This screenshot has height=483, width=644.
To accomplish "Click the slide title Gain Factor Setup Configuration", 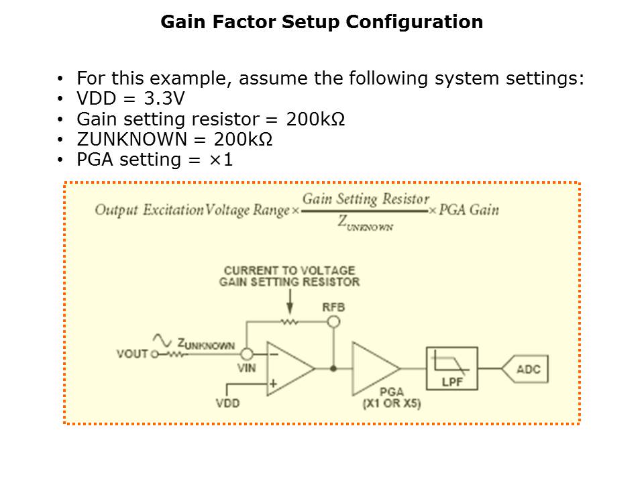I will tap(321, 22).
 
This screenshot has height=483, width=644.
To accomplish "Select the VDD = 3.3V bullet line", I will tap(130, 99).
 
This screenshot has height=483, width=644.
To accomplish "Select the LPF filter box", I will tap(451, 368).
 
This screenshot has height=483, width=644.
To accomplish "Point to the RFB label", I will tap(333, 307).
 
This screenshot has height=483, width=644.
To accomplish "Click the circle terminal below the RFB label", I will tap(333, 321).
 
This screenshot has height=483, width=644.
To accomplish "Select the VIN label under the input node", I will tap(247, 368).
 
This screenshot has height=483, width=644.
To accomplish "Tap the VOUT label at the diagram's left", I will tap(131, 354).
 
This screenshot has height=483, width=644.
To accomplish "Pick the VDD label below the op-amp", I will tap(227, 403).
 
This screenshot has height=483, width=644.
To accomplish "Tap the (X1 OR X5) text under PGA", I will tap(392, 405).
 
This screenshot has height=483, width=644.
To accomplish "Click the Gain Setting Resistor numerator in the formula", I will tap(366, 199).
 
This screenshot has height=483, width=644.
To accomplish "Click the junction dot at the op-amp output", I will tap(333, 368).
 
